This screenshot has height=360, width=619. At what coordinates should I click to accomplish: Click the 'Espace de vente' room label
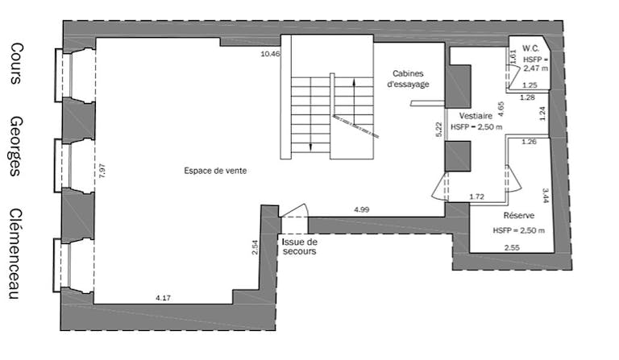[x=215, y=171]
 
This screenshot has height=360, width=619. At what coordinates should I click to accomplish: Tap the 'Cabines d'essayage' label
[x=409, y=78]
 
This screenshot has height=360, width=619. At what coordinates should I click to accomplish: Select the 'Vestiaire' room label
[x=476, y=115]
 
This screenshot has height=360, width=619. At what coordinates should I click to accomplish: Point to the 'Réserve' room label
[x=519, y=217]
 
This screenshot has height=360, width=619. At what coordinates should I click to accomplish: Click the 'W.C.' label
[x=530, y=48]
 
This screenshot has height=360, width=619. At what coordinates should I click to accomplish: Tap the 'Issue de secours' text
[x=300, y=246]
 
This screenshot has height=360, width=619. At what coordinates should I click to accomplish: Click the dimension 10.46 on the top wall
[x=270, y=54]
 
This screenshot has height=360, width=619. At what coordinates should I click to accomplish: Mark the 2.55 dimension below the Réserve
[x=511, y=247]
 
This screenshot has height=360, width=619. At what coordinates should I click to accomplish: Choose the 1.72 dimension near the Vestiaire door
[x=477, y=197]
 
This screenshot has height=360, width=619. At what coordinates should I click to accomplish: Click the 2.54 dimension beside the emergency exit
[x=255, y=247]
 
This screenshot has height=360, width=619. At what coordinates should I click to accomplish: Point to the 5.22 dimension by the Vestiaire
[x=439, y=129]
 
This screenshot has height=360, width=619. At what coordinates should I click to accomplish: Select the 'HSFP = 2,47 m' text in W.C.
[x=535, y=64]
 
